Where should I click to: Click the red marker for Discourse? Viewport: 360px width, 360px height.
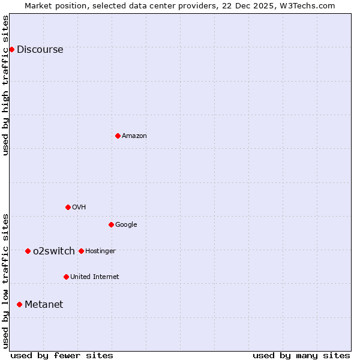pos(12,49)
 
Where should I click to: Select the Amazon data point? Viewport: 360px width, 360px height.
pos(118,136)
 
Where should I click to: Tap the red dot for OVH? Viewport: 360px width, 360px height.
pos(68,207)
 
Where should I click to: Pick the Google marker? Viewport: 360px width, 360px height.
pos(111,224)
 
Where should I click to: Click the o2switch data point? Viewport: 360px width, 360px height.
pos(28,251)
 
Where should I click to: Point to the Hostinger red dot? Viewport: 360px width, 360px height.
pos(81,251)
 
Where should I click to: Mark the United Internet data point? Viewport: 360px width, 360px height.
pos(66,277)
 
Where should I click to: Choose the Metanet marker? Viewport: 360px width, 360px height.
pos(19,304)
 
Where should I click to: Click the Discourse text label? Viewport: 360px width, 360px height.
pos(40,50)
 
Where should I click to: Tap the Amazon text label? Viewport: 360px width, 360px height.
pos(134,136)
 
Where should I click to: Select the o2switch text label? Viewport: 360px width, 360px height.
pos(54,251)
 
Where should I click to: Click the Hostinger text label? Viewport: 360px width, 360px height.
pos(100,251)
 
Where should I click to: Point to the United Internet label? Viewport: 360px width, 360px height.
pos(94,277)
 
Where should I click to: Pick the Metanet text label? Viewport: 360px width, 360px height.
pos(44,304)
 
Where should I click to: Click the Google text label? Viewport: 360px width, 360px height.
pos(126,225)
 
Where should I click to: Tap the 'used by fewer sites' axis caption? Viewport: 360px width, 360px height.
pos(62,355)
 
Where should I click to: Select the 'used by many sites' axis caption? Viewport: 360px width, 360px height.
pos(301,355)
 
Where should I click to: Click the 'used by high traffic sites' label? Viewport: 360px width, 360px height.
pos(6,85)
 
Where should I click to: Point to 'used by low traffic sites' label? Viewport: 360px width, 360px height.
pos(6,280)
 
